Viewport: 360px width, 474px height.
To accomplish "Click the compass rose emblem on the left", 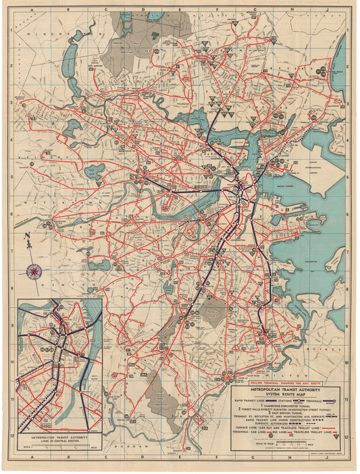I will pyautogui.click(x=31, y=272).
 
